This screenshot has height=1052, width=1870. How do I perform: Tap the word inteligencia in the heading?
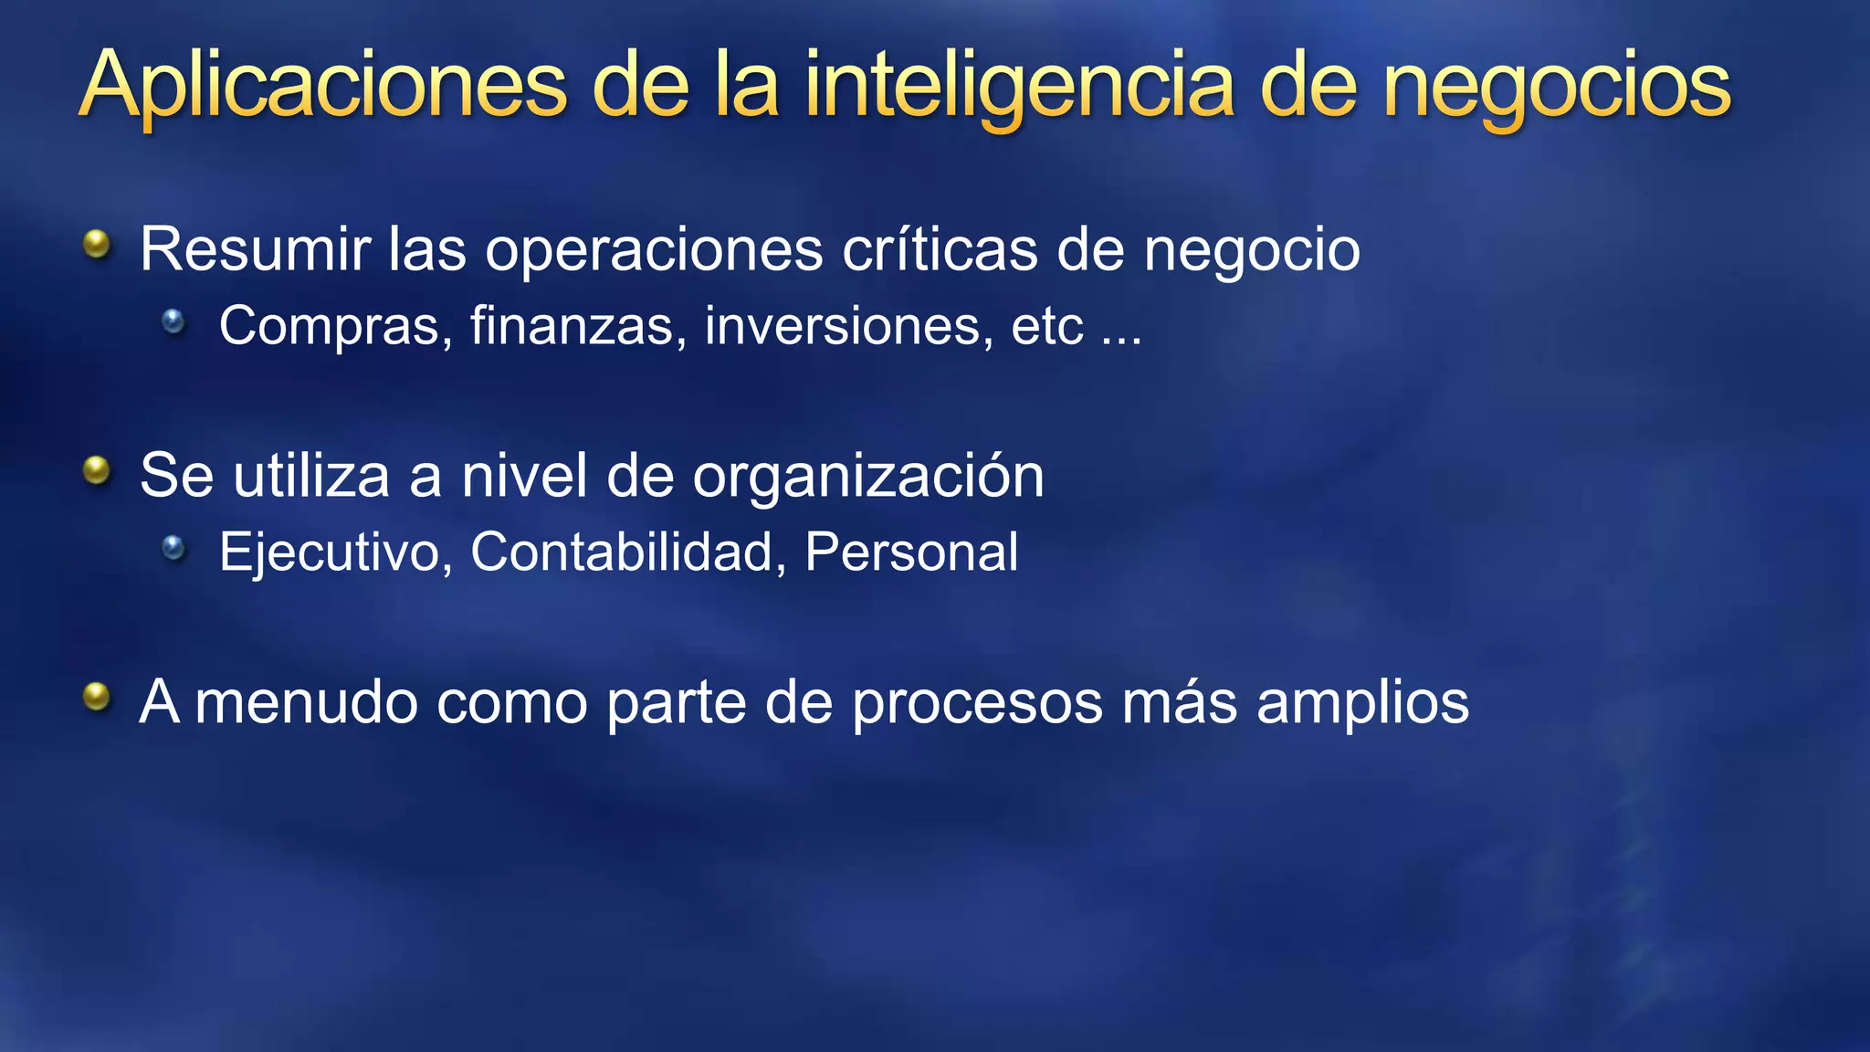(1018, 87)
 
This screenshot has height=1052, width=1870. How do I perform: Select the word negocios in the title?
(1556, 87)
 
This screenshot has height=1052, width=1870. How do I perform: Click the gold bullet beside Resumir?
(96, 244)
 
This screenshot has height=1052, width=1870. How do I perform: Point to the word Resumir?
(255, 249)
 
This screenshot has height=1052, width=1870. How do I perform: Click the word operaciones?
(654, 249)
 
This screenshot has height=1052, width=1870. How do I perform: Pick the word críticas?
(940, 249)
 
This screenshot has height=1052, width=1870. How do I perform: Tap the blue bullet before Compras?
(173, 321)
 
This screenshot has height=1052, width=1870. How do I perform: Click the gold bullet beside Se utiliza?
(96, 471)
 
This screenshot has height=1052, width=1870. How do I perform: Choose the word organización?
(867, 477)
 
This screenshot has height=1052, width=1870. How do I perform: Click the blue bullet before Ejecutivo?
(173, 547)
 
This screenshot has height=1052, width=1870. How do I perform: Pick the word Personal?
(911, 552)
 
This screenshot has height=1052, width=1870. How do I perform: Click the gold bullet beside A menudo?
(96, 698)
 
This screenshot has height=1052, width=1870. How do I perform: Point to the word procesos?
(977, 704)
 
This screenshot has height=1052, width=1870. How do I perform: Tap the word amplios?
(1362, 704)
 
